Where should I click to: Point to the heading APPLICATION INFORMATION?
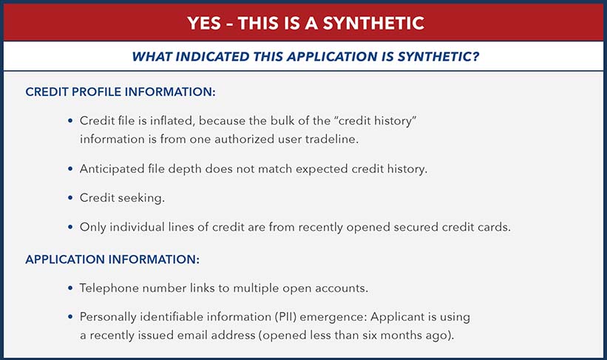pyautogui.click(x=113, y=259)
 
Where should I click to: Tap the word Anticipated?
pyautogui.click(x=113, y=169)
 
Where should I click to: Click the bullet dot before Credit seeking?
pyautogui.click(x=70, y=198)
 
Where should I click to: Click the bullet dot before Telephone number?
pyautogui.click(x=70, y=288)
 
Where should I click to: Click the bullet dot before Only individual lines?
pyautogui.click(x=70, y=227)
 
